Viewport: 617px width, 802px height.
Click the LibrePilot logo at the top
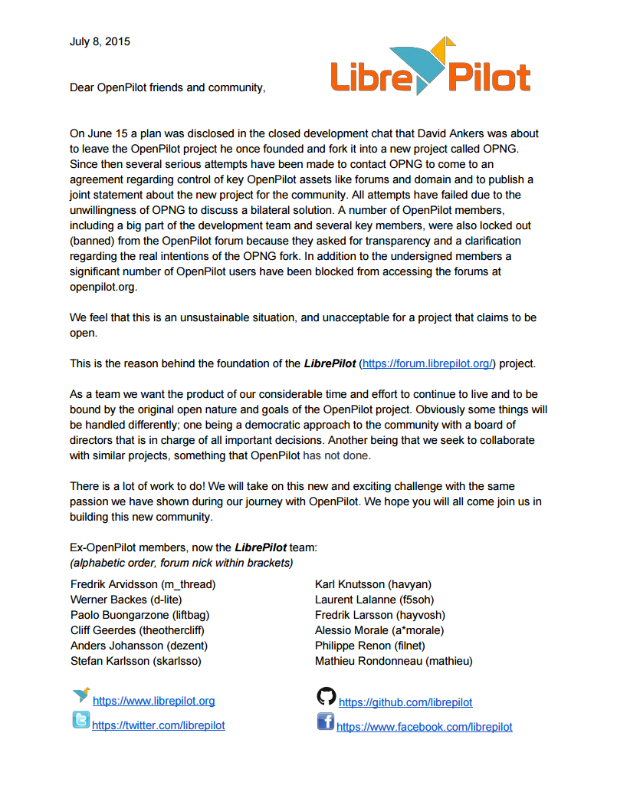point(430,69)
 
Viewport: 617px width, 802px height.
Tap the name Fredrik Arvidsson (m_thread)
point(143,584)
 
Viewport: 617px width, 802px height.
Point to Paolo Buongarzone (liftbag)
point(139,615)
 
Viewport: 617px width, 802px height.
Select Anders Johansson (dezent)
point(139,646)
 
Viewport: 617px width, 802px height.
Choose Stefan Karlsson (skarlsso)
point(136,661)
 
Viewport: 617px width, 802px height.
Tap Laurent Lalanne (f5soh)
point(374,600)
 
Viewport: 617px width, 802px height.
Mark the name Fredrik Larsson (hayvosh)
point(379,615)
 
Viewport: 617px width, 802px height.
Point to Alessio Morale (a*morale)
point(379,630)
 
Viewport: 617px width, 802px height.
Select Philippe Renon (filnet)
point(370,646)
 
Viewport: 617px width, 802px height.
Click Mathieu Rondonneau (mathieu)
point(394,661)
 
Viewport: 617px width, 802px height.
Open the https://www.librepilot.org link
point(153,701)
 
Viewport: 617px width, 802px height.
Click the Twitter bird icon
point(80,720)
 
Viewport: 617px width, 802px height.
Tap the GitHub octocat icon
point(327,696)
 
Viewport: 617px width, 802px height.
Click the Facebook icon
point(326,721)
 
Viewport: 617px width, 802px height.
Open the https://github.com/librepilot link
point(405,702)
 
